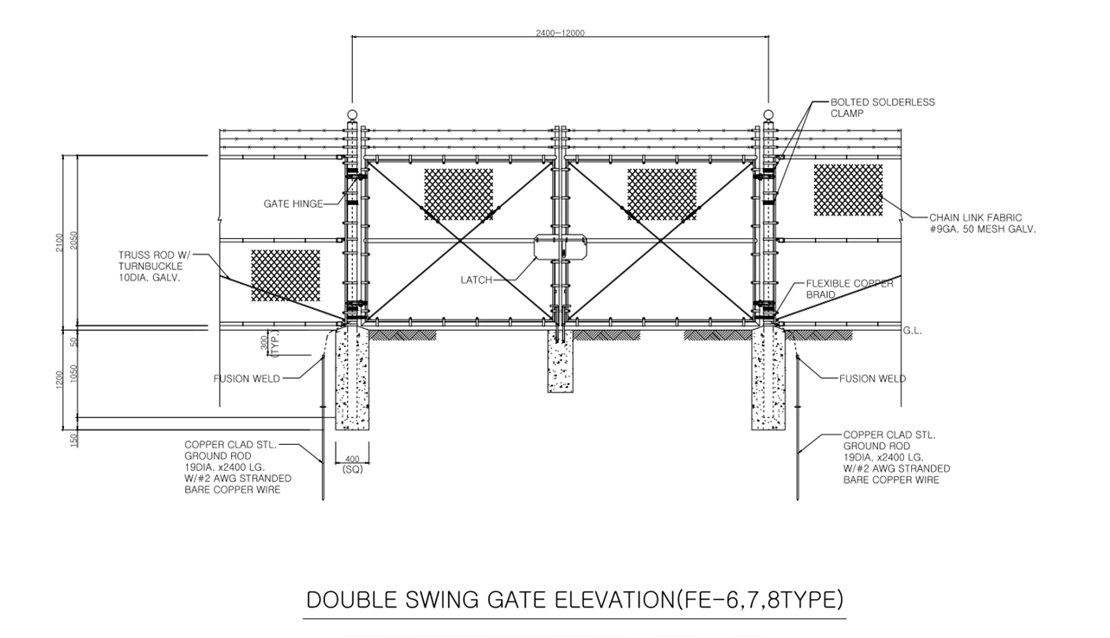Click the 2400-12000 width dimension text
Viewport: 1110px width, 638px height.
[561, 33]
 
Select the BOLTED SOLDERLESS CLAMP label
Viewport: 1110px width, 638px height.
[882, 107]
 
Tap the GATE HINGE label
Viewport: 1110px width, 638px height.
[293, 204]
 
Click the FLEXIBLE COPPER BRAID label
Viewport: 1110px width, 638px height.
[849, 289]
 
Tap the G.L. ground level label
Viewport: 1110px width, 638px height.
[914, 331]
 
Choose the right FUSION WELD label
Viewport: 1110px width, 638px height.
[872, 378]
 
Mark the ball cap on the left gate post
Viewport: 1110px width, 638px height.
[352, 115]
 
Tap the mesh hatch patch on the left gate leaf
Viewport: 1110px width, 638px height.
[459, 195]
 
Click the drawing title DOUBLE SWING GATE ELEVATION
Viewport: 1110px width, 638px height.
[575, 600]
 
